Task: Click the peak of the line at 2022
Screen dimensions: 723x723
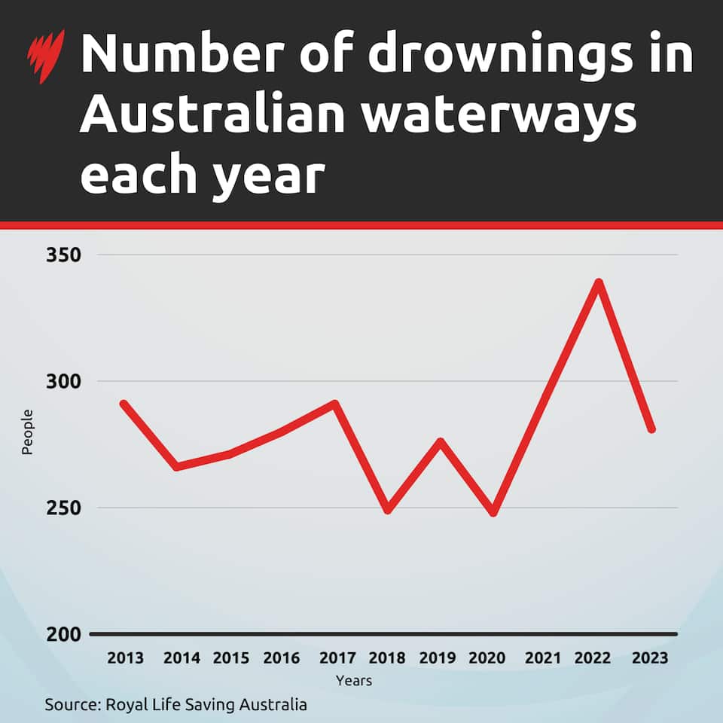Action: pyautogui.click(x=599, y=283)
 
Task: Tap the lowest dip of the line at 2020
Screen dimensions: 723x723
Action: pyautogui.click(x=493, y=512)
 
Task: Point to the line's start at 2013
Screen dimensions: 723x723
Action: pyautogui.click(x=124, y=404)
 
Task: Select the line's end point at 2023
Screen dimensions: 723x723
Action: pyautogui.click(x=651, y=429)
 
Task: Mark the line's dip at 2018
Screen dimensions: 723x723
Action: pyautogui.click(x=388, y=510)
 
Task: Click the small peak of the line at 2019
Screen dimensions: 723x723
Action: pyautogui.click(x=441, y=441)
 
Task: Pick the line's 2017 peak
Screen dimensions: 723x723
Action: pyautogui.click(x=336, y=404)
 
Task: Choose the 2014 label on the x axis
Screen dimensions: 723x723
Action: pyautogui.click(x=182, y=658)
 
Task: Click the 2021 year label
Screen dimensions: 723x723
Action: pyautogui.click(x=543, y=658)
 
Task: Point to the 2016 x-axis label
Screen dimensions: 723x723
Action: pyautogui.click(x=281, y=658)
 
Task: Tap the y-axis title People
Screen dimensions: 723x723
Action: pyautogui.click(x=27, y=432)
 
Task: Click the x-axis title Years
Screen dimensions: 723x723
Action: pyautogui.click(x=353, y=681)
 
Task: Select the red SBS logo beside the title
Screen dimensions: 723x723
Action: pyautogui.click(x=47, y=56)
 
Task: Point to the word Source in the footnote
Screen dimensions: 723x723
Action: pyautogui.click(x=71, y=705)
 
